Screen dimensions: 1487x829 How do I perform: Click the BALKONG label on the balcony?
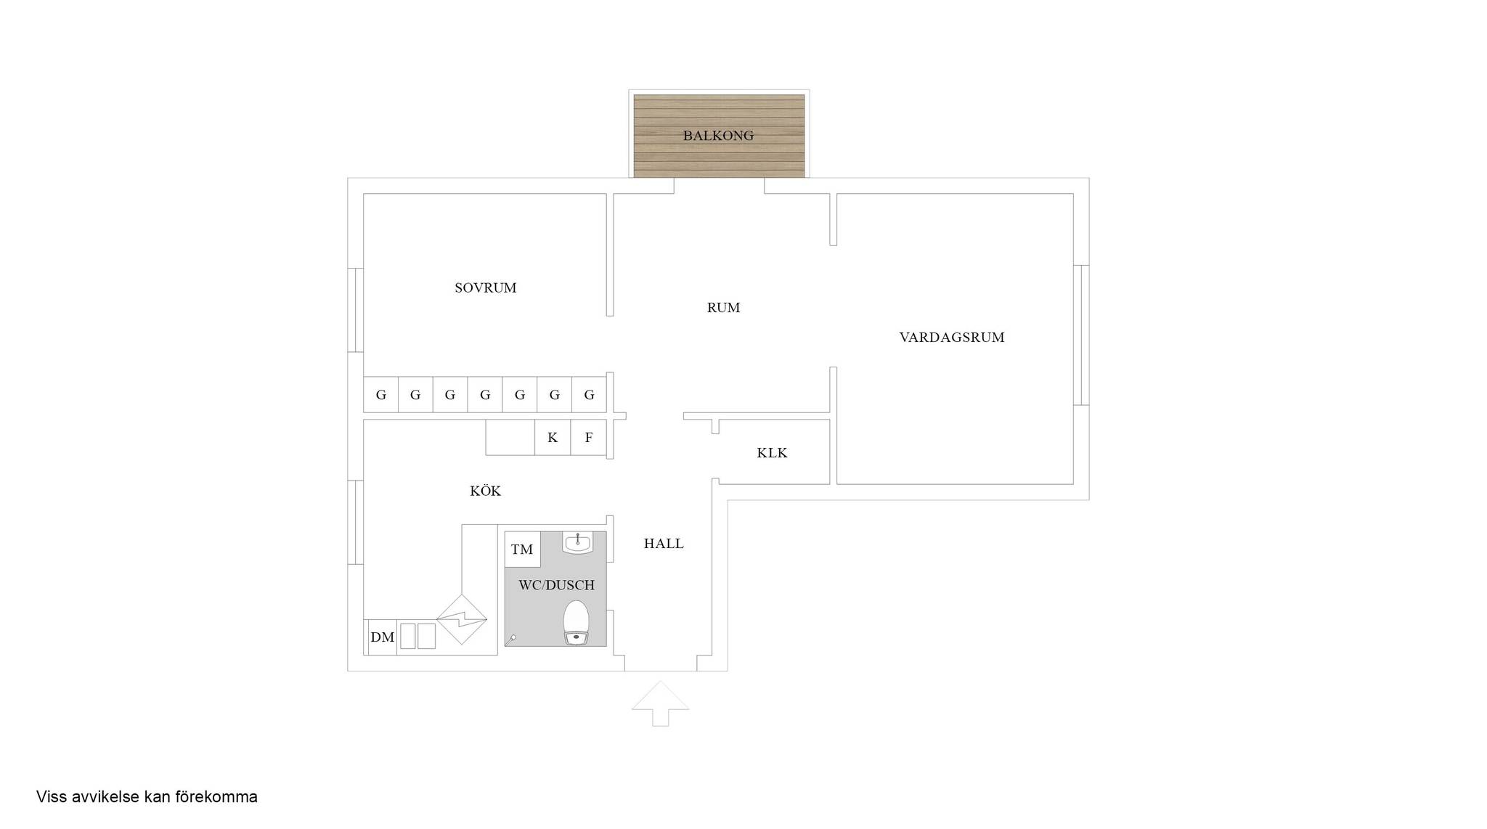(x=718, y=136)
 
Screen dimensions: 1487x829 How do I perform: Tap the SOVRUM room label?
(x=486, y=288)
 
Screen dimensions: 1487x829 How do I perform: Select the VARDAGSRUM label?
(x=952, y=338)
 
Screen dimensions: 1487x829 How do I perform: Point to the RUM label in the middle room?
(x=724, y=308)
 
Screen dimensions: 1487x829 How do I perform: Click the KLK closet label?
(x=772, y=453)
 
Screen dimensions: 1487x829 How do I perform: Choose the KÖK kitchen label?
(x=485, y=491)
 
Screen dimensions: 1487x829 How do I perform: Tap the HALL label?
(x=664, y=544)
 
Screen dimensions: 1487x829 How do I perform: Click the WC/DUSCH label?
(x=557, y=585)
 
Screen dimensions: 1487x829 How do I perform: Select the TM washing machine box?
(x=523, y=550)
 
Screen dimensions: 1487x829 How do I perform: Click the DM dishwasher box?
(x=383, y=637)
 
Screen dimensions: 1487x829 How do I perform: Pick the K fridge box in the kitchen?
(x=553, y=438)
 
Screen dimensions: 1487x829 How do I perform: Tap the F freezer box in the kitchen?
(x=589, y=438)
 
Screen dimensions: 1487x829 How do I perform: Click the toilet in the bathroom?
(x=577, y=623)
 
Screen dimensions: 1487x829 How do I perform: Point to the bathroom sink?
(x=578, y=542)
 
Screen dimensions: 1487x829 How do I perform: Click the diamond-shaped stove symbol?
(x=462, y=620)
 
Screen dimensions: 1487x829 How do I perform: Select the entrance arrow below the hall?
(x=660, y=703)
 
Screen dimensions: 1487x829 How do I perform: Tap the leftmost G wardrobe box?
(x=381, y=395)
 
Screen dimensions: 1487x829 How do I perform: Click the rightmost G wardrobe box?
(x=590, y=395)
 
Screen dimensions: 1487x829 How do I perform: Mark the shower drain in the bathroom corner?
(x=513, y=638)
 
